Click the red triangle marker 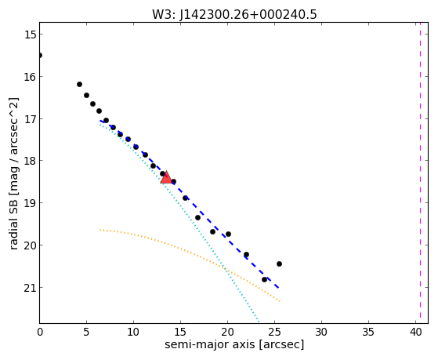coord(166,177)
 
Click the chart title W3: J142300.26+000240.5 coord(234,15)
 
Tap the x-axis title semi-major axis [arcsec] coord(234,344)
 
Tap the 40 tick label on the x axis coord(415,332)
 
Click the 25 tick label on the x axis coord(274,332)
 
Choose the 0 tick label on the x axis coord(40,332)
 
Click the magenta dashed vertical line coord(420,173)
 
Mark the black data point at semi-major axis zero coord(40,55)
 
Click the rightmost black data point coord(279,264)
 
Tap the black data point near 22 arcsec coord(246,255)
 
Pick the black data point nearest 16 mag coord(79,84)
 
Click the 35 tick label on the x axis coord(368,332)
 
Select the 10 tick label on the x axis coord(133,332)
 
